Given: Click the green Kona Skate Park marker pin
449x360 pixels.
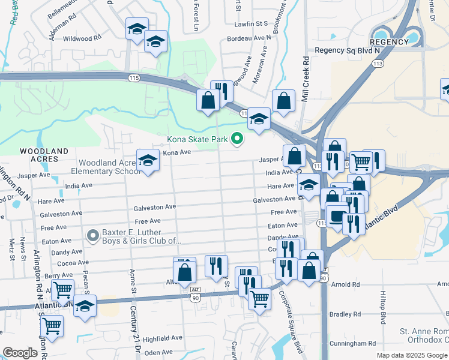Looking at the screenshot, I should point(237,139).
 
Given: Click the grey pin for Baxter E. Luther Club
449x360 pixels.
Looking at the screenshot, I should point(92,236).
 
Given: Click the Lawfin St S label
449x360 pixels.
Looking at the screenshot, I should point(251,24).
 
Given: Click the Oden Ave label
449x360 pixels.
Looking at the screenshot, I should point(158,353).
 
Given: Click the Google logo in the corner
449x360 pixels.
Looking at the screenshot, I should point(20,353).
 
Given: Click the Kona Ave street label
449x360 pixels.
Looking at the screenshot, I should point(177,153).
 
